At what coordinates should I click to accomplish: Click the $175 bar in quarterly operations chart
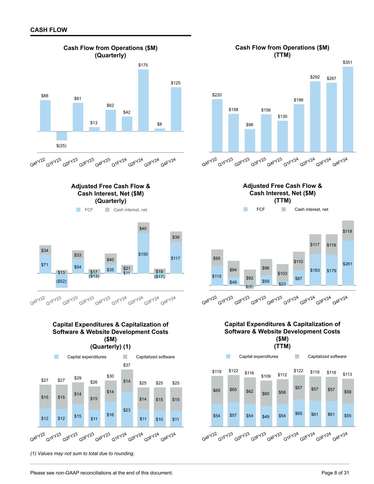click(x=143, y=100)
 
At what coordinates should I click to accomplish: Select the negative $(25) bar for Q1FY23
click(x=62, y=136)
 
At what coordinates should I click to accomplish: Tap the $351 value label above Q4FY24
click(x=347, y=62)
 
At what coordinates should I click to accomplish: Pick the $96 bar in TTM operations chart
click(x=250, y=140)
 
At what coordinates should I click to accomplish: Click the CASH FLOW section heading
click(x=49, y=30)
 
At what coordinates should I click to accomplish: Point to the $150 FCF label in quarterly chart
click(x=143, y=254)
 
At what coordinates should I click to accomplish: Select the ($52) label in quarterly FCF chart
click(x=62, y=281)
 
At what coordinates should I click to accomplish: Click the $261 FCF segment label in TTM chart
click(x=347, y=264)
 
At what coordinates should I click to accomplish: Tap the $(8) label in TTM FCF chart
click(x=250, y=287)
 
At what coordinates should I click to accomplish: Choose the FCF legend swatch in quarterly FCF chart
click(x=79, y=210)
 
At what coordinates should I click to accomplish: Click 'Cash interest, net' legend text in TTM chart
click(x=311, y=210)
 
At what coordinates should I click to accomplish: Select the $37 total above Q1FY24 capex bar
click(x=127, y=365)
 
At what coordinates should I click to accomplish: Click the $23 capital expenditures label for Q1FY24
click(x=127, y=410)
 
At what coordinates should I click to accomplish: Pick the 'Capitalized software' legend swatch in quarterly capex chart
click(x=125, y=357)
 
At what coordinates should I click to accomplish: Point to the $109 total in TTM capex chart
click(x=266, y=376)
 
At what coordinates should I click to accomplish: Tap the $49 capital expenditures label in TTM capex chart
click(x=266, y=417)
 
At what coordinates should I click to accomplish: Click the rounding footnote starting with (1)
click(x=82, y=454)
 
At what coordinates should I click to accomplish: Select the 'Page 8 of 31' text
click(x=335, y=473)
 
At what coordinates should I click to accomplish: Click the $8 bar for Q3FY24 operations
click(x=160, y=130)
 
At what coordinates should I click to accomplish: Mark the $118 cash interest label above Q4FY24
click(x=347, y=231)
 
